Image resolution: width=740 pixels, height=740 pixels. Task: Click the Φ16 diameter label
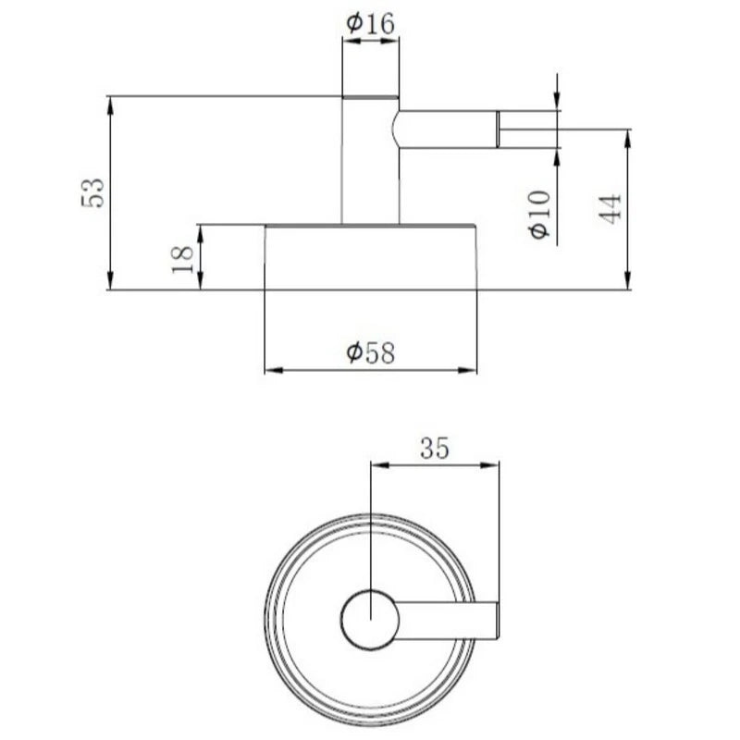point(371,24)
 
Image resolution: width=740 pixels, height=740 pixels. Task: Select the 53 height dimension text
point(92,192)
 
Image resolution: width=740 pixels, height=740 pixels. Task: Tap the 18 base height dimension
point(183,259)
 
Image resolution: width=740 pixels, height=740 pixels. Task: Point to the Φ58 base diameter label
point(371,352)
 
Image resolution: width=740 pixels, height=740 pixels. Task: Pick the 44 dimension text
point(610,208)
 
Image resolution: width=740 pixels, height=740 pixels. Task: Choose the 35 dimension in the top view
point(435,448)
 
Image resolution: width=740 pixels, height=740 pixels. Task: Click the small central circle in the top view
point(371,619)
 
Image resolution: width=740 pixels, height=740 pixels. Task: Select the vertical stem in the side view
point(371,160)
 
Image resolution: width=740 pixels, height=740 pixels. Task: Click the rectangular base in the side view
point(371,257)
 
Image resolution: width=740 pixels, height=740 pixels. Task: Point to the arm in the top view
point(446,621)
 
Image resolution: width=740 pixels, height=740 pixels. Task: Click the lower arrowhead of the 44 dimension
point(627,281)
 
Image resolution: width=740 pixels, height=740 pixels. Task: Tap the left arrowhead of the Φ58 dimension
point(274,371)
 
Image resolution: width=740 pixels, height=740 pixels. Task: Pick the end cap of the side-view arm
point(498,129)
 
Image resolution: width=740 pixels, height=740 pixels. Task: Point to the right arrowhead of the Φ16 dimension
point(389,41)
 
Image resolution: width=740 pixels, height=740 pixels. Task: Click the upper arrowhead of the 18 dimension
point(200,234)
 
